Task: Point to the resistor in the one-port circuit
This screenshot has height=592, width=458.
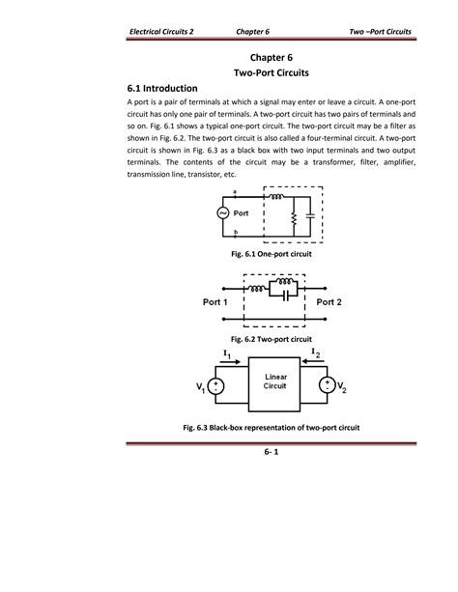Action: pyautogui.click(x=294, y=220)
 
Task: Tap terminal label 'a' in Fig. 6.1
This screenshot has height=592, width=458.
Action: pyautogui.click(x=236, y=193)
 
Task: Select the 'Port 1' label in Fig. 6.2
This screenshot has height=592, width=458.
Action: pyautogui.click(x=215, y=301)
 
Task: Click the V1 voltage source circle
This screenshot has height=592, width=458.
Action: pyautogui.click(x=217, y=386)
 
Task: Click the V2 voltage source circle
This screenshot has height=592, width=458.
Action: pyautogui.click(x=332, y=386)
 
